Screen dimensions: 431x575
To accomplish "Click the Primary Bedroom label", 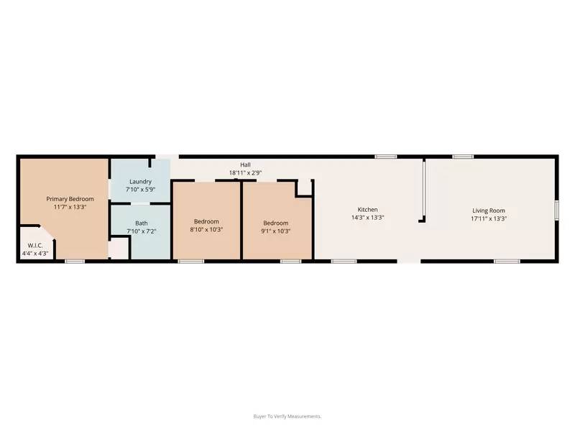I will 70,198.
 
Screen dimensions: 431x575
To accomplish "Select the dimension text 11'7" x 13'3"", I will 70,207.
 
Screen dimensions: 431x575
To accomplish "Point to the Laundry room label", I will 140,182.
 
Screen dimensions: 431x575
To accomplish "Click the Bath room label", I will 141,223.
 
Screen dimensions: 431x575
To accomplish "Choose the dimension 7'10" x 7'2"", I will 141,231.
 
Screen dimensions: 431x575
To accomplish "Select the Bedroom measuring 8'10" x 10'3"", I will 206,222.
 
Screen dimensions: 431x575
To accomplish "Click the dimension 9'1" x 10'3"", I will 275,231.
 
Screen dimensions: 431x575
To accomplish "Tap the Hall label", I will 245,164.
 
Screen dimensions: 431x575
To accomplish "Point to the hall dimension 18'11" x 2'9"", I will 245,173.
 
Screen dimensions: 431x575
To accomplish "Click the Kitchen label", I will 367,209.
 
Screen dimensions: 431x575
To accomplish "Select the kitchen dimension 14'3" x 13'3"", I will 367,218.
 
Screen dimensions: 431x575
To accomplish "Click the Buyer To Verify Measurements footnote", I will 287,416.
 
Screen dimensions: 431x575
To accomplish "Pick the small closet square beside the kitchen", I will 304,187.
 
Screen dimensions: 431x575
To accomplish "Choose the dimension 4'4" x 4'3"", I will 34,254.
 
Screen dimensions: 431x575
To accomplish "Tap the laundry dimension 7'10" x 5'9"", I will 140,190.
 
